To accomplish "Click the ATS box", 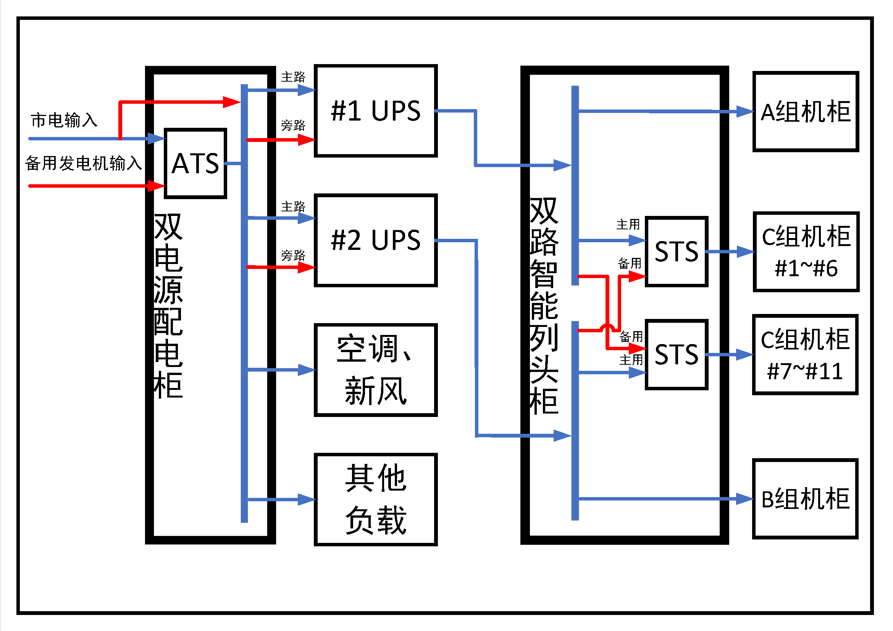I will [x=195, y=163].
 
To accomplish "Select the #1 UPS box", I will [x=376, y=111].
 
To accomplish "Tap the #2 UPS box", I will [x=376, y=240].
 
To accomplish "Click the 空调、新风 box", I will [x=376, y=370].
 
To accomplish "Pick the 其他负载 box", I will [x=376, y=499].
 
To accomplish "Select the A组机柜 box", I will [x=806, y=111].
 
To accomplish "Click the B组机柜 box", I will [x=805, y=499].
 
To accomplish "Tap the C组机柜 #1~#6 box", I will [x=806, y=252].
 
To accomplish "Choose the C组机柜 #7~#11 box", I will [x=805, y=355].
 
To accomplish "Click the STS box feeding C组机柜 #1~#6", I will [x=677, y=251].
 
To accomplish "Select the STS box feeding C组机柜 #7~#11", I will [x=677, y=354].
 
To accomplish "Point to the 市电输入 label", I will [x=64, y=120].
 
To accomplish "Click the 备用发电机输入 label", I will [x=84, y=163].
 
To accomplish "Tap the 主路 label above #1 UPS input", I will [x=293, y=77].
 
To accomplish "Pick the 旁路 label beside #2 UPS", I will [x=293, y=255].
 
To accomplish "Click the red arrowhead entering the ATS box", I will [x=157, y=186].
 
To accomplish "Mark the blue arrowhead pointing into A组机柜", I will [x=745, y=111].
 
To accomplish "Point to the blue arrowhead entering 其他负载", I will [x=307, y=499].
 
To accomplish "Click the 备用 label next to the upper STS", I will [x=630, y=264].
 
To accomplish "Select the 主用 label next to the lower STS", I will [x=631, y=360].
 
